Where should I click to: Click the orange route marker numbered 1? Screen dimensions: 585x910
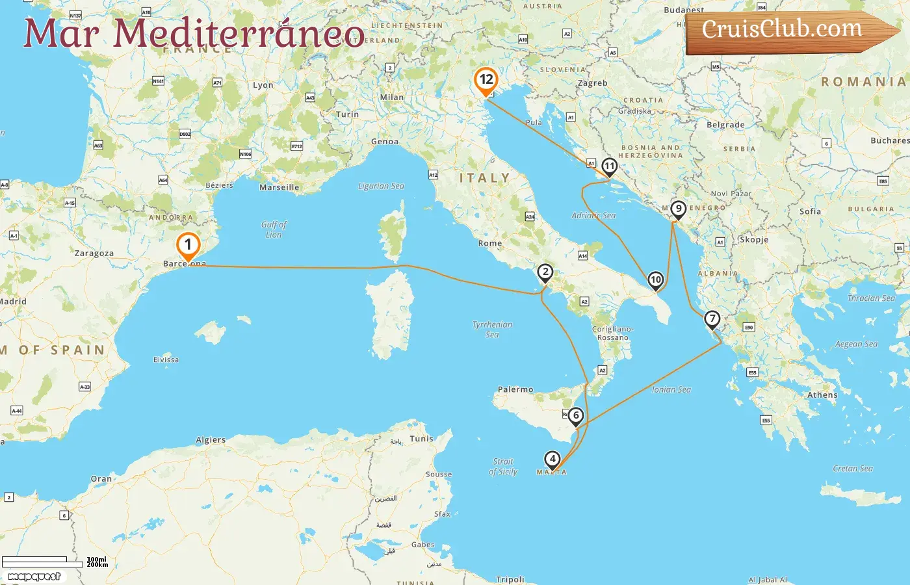[x=188, y=246]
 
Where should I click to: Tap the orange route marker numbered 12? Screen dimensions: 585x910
[x=486, y=81]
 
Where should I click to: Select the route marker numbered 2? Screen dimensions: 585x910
[x=545, y=272]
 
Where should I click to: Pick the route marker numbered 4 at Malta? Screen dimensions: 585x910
[x=552, y=460]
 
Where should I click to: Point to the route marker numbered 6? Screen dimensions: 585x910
[x=575, y=416]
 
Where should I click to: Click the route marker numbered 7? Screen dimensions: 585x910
[x=712, y=318]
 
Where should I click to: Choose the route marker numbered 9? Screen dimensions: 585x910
[x=678, y=209]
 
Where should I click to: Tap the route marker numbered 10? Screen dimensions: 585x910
[x=655, y=280]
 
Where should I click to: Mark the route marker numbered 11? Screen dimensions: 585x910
[x=609, y=166]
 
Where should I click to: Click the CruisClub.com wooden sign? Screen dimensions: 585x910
[x=790, y=31]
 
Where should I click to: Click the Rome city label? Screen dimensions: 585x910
[x=490, y=244]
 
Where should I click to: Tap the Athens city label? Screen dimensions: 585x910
[x=822, y=395]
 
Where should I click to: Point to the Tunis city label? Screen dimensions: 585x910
[x=421, y=439]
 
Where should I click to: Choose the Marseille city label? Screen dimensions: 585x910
[x=279, y=188]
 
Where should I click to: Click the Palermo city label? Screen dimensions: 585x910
[x=515, y=390]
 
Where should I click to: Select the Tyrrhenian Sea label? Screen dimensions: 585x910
[x=492, y=330]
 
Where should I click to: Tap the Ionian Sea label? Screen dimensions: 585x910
[x=671, y=390]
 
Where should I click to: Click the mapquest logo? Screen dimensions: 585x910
[x=34, y=577]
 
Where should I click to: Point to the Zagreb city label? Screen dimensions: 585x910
[x=592, y=83]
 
